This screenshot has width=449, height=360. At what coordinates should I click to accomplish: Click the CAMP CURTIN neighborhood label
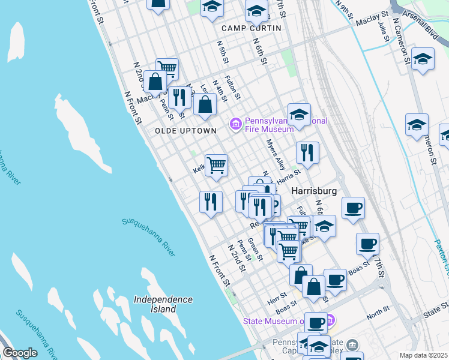tap(251, 28)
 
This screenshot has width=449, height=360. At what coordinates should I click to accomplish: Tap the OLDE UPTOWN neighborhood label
tap(177, 130)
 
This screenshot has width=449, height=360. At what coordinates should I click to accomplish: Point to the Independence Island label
tap(163, 304)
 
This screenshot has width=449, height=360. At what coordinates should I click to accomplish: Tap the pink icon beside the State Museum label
tap(331, 320)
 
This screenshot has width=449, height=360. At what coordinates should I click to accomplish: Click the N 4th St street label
tap(221, 90)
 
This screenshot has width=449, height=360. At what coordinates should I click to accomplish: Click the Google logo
tap(20, 353)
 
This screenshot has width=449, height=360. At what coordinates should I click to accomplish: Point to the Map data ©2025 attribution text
tap(423, 355)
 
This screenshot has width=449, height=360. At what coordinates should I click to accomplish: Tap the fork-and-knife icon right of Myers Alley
tap(307, 152)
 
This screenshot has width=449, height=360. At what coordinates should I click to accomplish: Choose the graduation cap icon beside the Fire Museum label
tap(299, 113)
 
